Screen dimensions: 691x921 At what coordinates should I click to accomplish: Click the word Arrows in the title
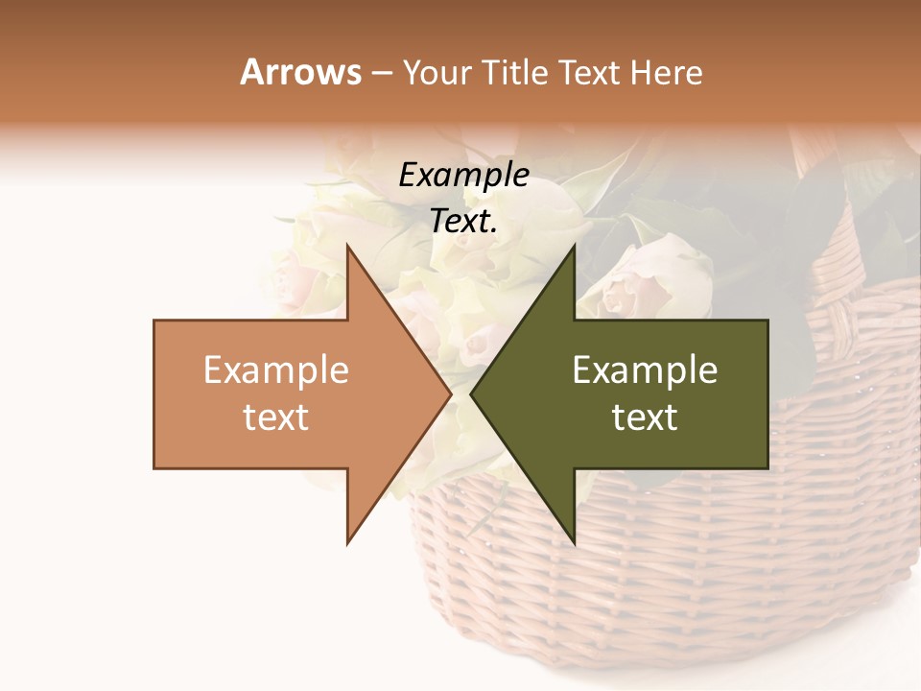[x=300, y=72]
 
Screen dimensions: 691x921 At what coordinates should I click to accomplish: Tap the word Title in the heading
[x=513, y=72]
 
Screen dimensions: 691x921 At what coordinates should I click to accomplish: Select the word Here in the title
[x=666, y=72]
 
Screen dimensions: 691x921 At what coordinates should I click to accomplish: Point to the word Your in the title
[x=436, y=74]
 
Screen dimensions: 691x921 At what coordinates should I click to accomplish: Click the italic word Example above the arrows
[x=463, y=176]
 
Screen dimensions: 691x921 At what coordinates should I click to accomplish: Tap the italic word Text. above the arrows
[x=463, y=221]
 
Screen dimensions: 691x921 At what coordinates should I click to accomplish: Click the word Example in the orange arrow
[x=276, y=370]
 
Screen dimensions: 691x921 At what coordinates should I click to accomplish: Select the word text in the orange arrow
[x=276, y=417]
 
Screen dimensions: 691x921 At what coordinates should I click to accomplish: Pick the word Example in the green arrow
[x=645, y=370]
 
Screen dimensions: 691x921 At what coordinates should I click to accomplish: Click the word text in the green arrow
[x=645, y=417]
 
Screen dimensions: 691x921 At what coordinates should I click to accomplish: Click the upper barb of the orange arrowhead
[x=350, y=253]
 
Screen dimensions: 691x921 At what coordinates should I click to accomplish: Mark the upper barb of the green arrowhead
[x=572, y=253]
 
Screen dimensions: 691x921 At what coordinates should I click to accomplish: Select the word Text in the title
[x=591, y=72]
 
